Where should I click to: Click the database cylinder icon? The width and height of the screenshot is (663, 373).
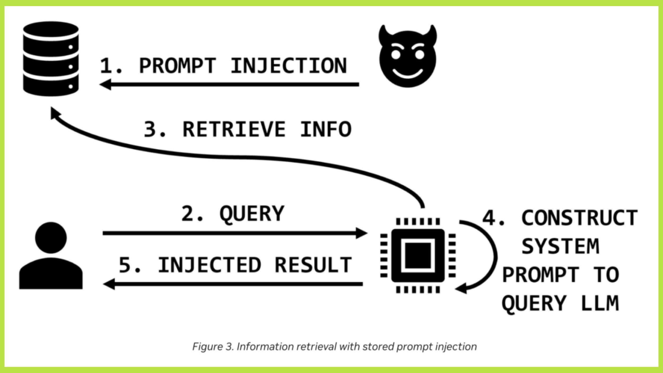51,59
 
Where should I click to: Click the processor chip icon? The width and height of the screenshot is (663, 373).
418,255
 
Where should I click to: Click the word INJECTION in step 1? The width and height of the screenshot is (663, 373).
289,66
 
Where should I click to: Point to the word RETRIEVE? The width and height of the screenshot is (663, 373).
234,129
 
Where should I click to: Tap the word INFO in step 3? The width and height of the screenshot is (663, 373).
326,129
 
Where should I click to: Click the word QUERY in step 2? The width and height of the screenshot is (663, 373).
252,214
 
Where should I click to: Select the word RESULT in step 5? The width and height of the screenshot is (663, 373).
313,265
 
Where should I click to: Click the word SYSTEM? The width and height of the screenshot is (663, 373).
560,246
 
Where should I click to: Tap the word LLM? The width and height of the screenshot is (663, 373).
600,303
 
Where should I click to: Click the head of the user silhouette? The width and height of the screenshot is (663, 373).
51,238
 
